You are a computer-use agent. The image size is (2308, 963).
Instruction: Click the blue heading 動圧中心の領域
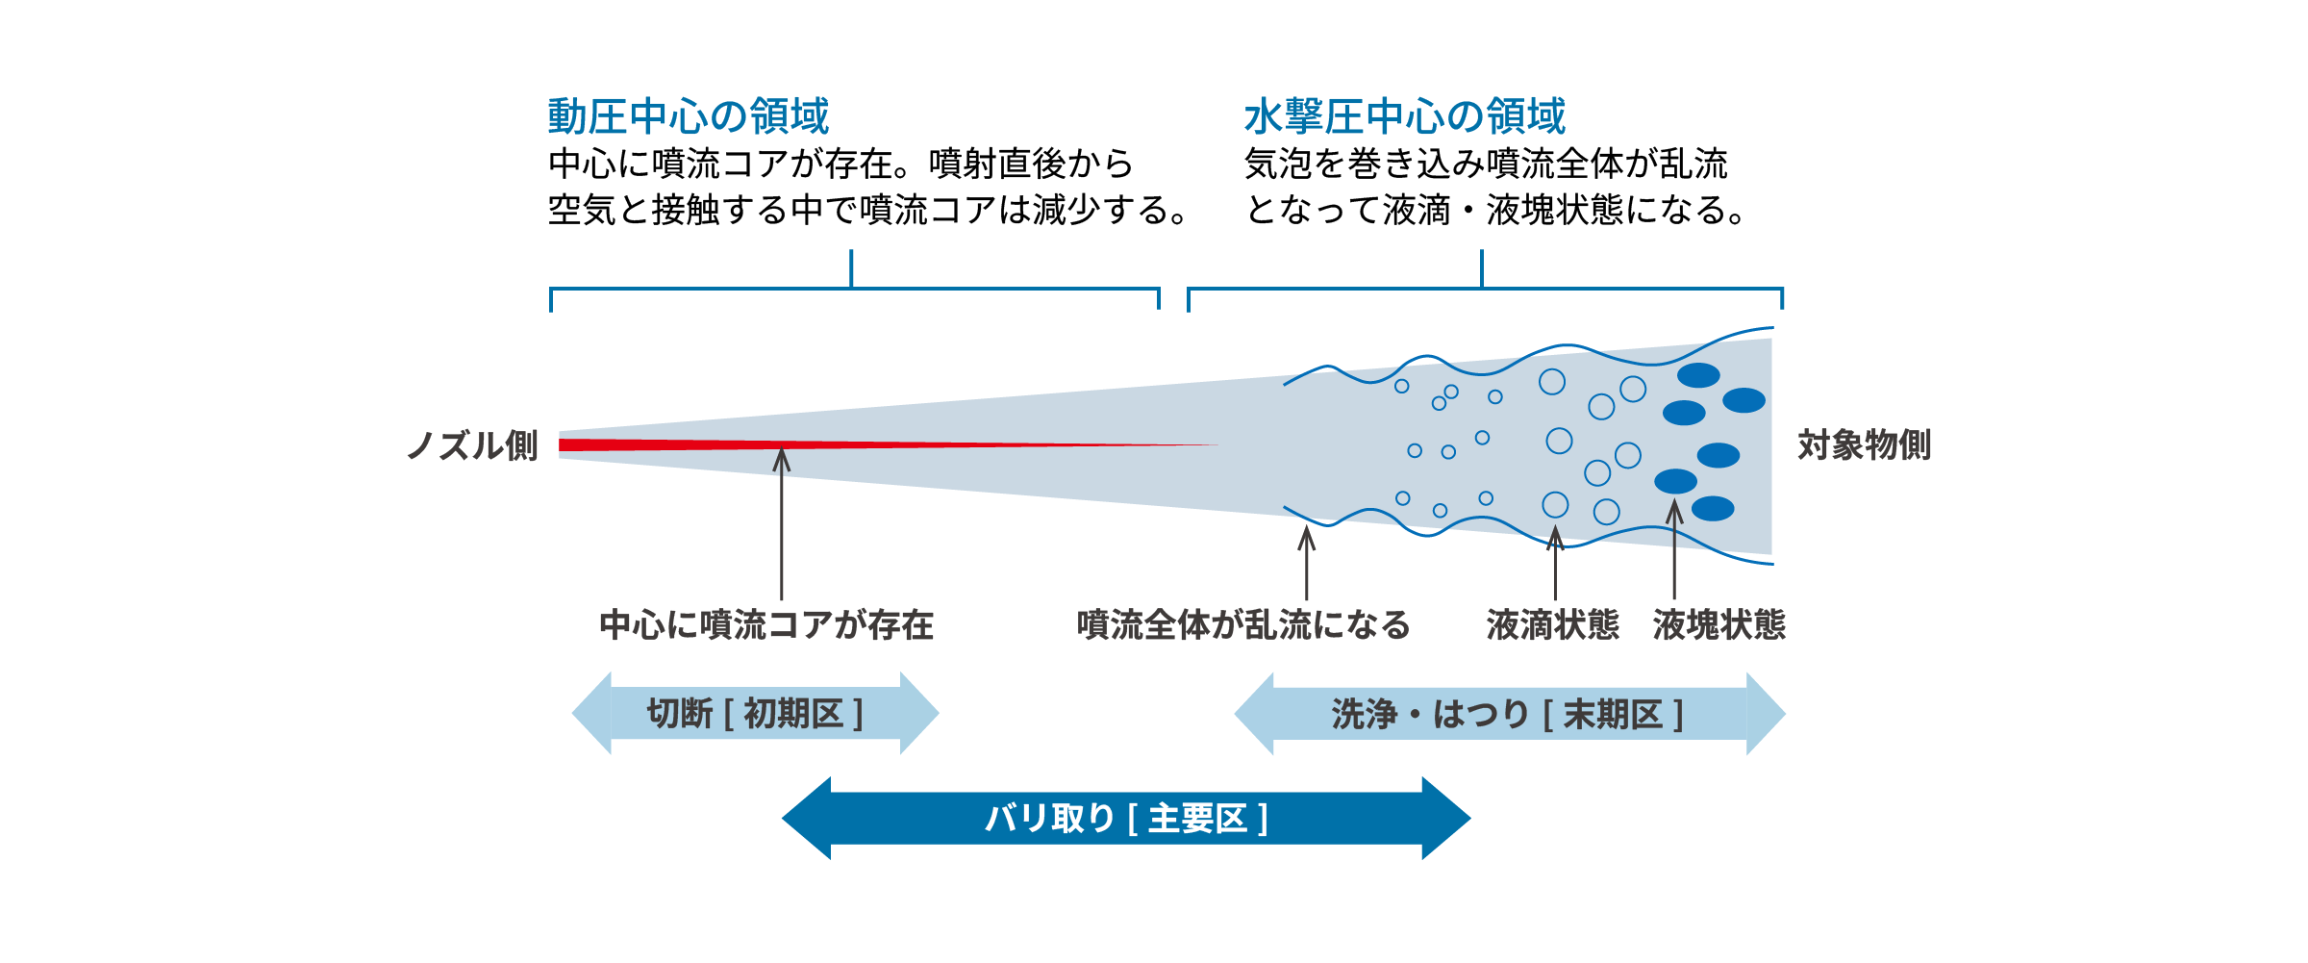[688, 116]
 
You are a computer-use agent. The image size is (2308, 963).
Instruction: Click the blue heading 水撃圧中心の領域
[1404, 116]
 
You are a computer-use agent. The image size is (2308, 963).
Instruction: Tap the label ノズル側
[472, 445]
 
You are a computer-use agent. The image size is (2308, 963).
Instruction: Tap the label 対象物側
[1864, 445]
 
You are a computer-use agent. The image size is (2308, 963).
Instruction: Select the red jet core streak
[769, 444]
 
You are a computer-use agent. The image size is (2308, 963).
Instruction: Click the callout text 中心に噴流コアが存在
[766, 625]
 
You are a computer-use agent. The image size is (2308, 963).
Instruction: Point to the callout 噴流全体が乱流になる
[1243, 625]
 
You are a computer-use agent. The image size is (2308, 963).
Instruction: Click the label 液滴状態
[1552, 625]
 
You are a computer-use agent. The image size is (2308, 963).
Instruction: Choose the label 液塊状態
[1718, 625]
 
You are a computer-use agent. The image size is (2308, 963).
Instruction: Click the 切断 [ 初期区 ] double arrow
[755, 714]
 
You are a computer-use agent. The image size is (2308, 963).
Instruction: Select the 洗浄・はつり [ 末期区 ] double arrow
[1509, 714]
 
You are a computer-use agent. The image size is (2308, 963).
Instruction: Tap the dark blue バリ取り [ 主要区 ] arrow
[1126, 819]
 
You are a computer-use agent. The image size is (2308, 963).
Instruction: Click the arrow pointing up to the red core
[782, 524]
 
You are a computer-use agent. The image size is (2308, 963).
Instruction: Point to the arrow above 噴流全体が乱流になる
[1306, 563]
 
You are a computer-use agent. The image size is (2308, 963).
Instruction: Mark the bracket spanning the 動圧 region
[852, 288]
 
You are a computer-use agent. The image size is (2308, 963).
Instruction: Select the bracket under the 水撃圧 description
[1482, 288]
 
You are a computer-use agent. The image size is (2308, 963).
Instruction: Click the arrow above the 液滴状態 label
[1555, 563]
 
